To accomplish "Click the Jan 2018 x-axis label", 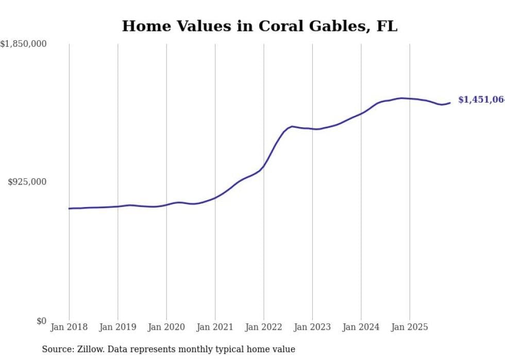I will coord(69,327).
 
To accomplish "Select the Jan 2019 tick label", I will coord(117,327).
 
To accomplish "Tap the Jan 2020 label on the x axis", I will coord(166,327).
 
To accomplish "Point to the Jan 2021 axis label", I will coord(215,327).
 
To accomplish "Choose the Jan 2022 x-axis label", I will coord(264,327).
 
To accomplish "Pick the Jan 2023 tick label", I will coord(312,327).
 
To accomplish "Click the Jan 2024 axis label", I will coord(361,327).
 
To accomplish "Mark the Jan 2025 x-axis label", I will coord(410,327).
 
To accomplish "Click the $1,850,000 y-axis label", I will coord(23,44).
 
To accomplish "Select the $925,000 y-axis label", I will coord(27,182).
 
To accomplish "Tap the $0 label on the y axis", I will coord(41,321).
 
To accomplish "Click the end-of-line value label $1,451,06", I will coord(481,100).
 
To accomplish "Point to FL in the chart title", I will coord(387,26).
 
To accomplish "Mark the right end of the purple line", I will coord(450,102).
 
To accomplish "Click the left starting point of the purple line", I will coord(70,209).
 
